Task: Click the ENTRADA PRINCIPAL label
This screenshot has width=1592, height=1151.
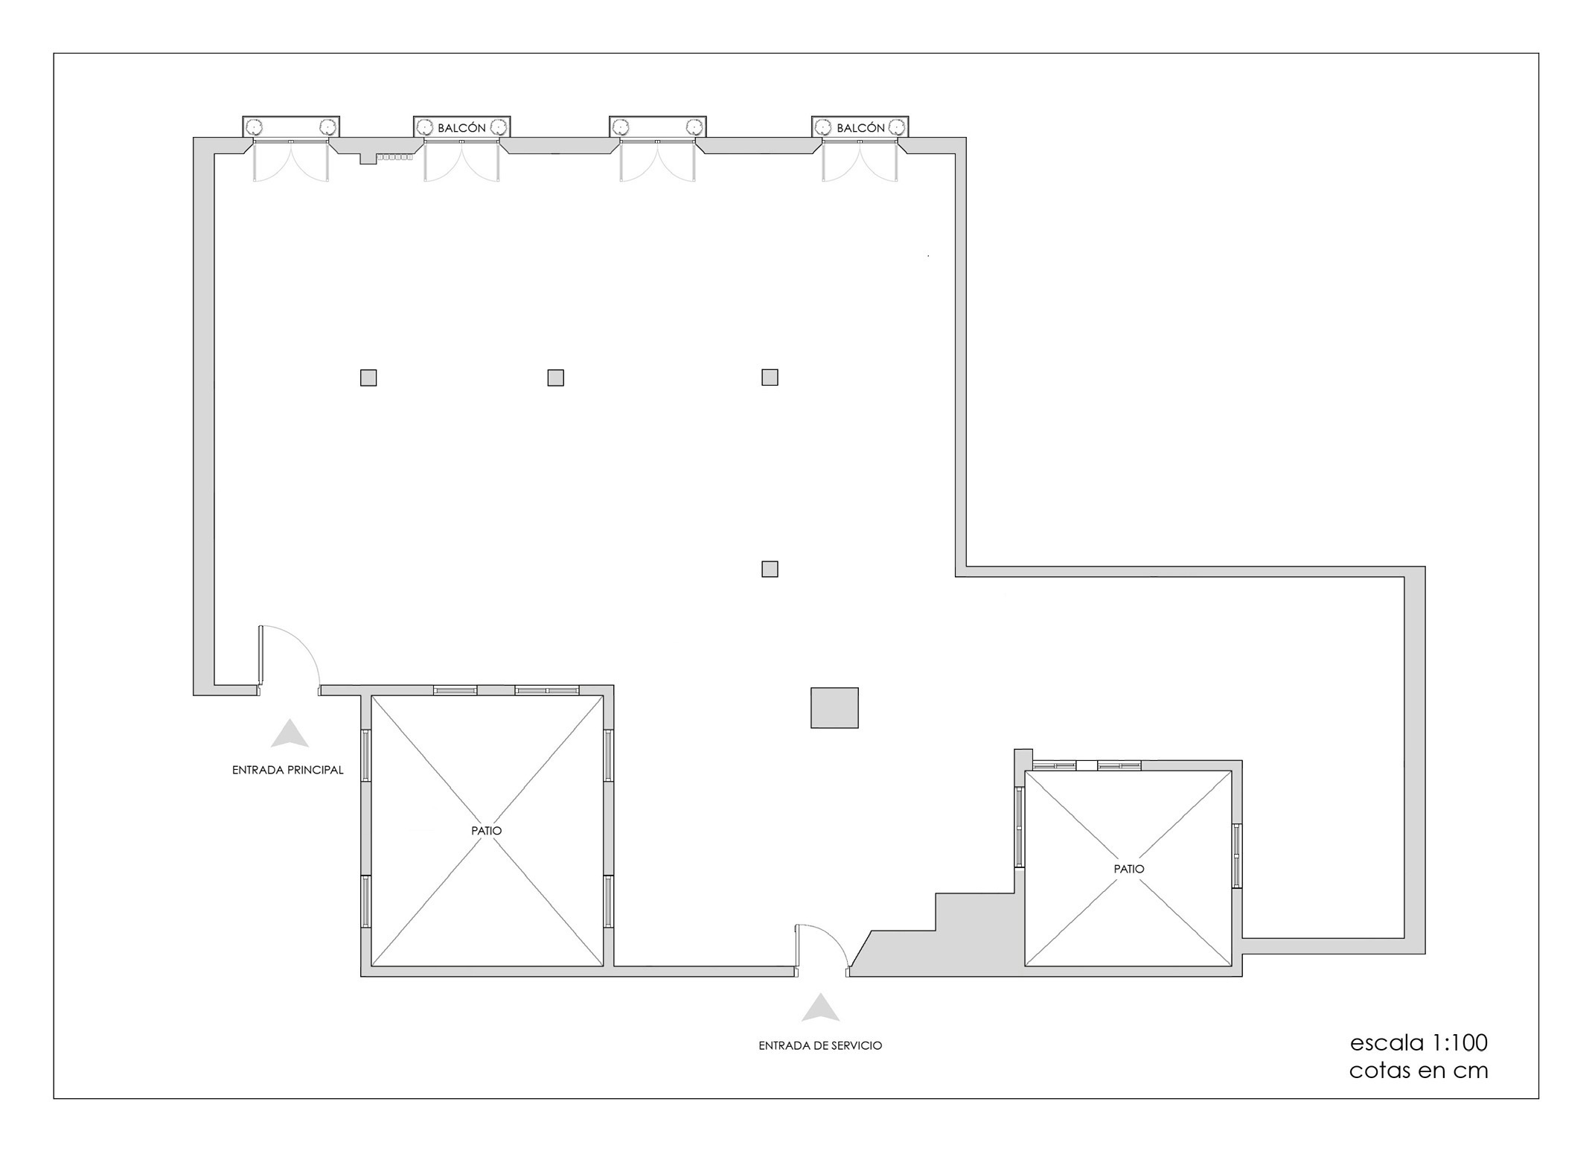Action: (287, 770)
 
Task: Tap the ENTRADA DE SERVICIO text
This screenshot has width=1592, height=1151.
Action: (820, 1045)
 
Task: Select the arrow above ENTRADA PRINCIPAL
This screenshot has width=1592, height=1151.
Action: (290, 733)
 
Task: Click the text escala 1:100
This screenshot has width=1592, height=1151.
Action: (1419, 1042)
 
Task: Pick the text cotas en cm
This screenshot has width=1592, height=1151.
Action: (1419, 1071)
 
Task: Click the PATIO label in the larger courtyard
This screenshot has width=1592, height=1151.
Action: (487, 830)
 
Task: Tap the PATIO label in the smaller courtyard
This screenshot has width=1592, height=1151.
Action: (1129, 868)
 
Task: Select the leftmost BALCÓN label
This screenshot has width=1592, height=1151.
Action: (461, 128)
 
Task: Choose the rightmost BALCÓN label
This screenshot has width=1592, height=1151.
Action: (860, 128)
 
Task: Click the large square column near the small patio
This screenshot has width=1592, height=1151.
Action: (834, 707)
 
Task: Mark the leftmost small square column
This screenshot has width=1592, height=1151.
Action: (368, 378)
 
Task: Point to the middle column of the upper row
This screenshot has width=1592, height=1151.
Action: (555, 378)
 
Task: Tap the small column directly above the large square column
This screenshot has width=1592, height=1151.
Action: (770, 569)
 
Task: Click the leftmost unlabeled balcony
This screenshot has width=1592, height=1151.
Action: (291, 127)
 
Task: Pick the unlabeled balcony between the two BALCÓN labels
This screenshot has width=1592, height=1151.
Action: (657, 127)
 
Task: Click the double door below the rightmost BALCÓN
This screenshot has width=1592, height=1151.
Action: (860, 161)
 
